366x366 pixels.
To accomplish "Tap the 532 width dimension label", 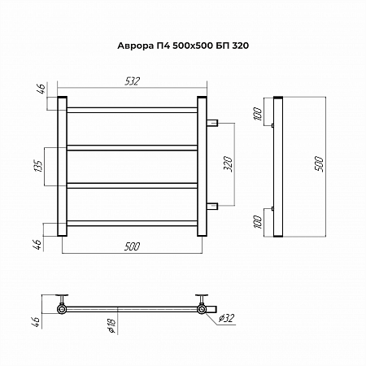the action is click(x=133, y=81).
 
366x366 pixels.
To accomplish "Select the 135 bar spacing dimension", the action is click(x=38, y=166).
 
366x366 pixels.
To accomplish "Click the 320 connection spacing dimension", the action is click(x=228, y=164).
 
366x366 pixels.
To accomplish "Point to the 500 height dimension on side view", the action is click(x=319, y=163).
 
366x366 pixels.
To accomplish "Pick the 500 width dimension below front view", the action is click(x=133, y=246).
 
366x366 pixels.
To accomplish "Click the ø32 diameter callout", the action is click(x=226, y=318).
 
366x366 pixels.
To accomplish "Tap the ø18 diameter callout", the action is click(x=111, y=325).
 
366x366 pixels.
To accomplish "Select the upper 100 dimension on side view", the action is click(x=258, y=114).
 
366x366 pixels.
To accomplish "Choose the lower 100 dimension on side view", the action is click(x=258, y=222).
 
